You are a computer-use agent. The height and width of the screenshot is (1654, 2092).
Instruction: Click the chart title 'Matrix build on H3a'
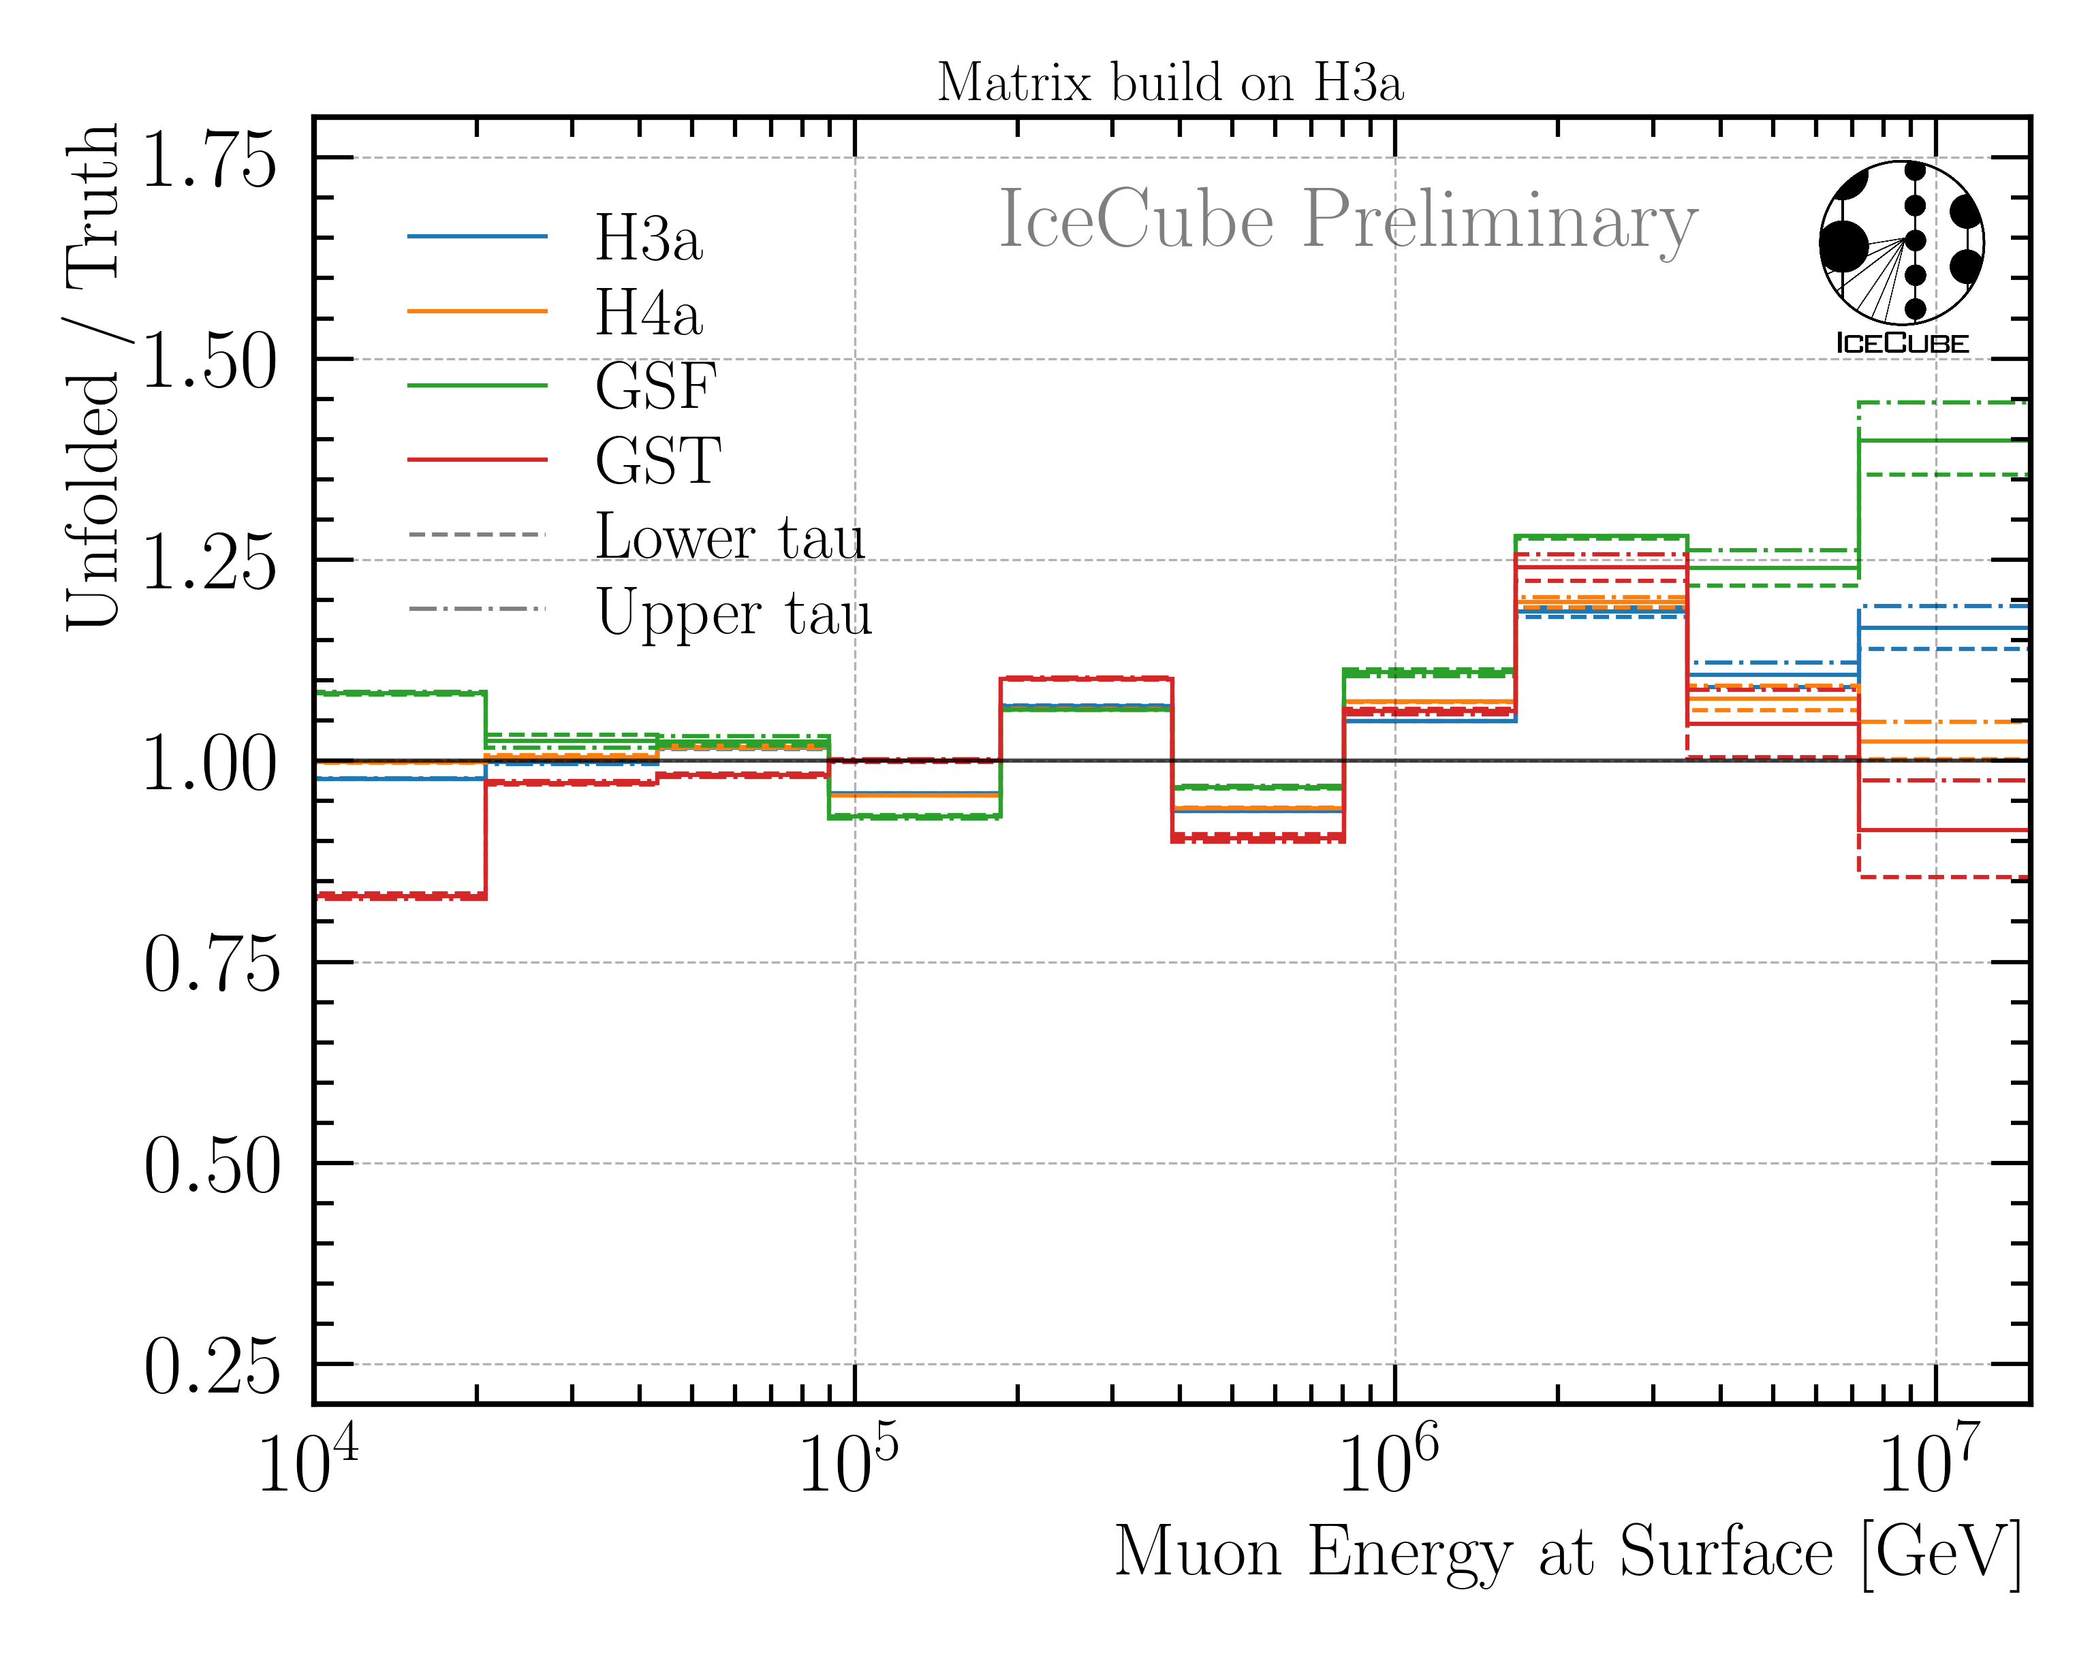[x=1169, y=83]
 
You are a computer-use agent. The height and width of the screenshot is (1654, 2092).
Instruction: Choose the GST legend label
[x=657, y=461]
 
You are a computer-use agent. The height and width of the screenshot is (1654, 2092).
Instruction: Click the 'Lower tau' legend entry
[x=728, y=537]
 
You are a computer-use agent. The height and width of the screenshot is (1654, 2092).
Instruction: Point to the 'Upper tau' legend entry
[x=733, y=612]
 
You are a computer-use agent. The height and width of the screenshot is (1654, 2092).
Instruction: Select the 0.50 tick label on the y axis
[x=211, y=1166]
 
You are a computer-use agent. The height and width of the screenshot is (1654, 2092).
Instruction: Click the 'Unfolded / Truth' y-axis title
[x=93, y=378]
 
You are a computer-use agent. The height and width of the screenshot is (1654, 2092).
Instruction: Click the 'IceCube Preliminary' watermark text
[x=1348, y=221]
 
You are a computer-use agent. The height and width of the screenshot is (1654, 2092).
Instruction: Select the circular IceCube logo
[x=1901, y=244]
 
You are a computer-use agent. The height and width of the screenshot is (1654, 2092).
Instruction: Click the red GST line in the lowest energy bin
[x=399, y=897]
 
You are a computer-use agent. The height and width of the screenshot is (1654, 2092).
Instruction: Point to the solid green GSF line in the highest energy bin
[x=1942, y=441]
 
